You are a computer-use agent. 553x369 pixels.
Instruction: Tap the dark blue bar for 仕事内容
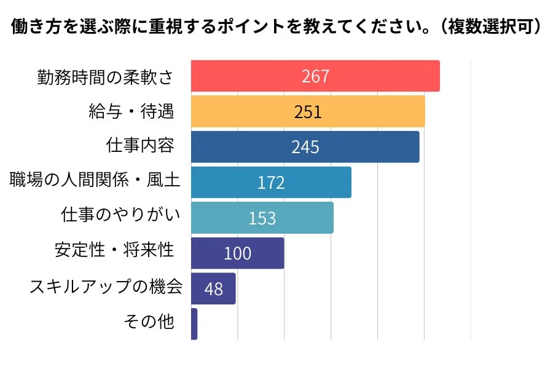click(x=369, y=147)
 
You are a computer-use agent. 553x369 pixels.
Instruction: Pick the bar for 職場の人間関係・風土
click(x=320, y=182)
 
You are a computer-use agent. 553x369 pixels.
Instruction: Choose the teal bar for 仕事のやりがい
click(x=307, y=218)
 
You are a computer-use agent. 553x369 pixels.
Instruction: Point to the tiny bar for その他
click(x=194, y=324)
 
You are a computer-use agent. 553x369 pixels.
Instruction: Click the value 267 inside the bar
click(x=315, y=76)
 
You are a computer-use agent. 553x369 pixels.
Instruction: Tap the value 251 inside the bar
click(x=307, y=112)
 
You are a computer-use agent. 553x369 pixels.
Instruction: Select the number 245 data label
click(x=305, y=148)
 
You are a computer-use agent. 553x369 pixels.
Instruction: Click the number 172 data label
click(x=271, y=183)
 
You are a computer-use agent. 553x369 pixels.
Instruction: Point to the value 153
click(x=262, y=218)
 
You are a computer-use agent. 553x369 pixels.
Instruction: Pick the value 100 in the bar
click(x=237, y=253)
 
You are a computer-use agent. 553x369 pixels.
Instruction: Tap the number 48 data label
click(x=213, y=289)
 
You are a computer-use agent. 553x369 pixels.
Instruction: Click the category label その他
click(x=149, y=321)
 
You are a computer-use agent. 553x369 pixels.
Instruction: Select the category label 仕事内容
click(x=140, y=146)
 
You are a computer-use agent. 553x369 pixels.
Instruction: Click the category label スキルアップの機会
click(x=106, y=286)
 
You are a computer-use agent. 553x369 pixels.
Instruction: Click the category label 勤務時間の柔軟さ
click(x=104, y=76)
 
